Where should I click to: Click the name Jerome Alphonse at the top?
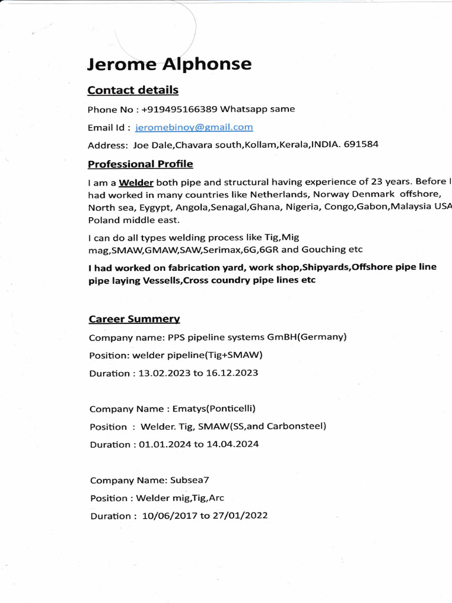pyautogui.click(x=169, y=64)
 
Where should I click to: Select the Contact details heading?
pyautogui.click(x=132, y=90)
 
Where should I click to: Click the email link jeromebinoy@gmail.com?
pyautogui.click(x=194, y=127)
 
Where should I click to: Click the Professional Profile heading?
pyautogui.click(x=140, y=164)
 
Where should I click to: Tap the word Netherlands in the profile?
pyautogui.click(x=280, y=194)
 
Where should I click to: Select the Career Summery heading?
pyautogui.click(x=134, y=319)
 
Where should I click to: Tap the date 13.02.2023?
pyautogui.click(x=161, y=373)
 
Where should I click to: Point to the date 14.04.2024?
pyautogui.click(x=232, y=445)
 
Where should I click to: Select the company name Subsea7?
pyautogui.click(x=190, y=480)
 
